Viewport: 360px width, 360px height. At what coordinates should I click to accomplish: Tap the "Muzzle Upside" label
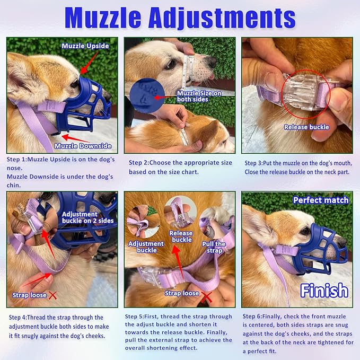click(x=85, y=46)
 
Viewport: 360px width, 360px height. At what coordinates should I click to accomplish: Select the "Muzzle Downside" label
click(x=83, y=146)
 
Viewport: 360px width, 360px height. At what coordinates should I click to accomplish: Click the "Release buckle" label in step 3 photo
click(x=306, y=127)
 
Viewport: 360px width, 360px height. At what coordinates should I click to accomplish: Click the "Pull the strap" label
click(x=214, y=248)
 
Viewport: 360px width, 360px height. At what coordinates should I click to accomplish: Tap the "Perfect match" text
click(x=321, y=200)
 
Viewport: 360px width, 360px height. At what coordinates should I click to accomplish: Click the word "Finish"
click(x=324, y=291)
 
